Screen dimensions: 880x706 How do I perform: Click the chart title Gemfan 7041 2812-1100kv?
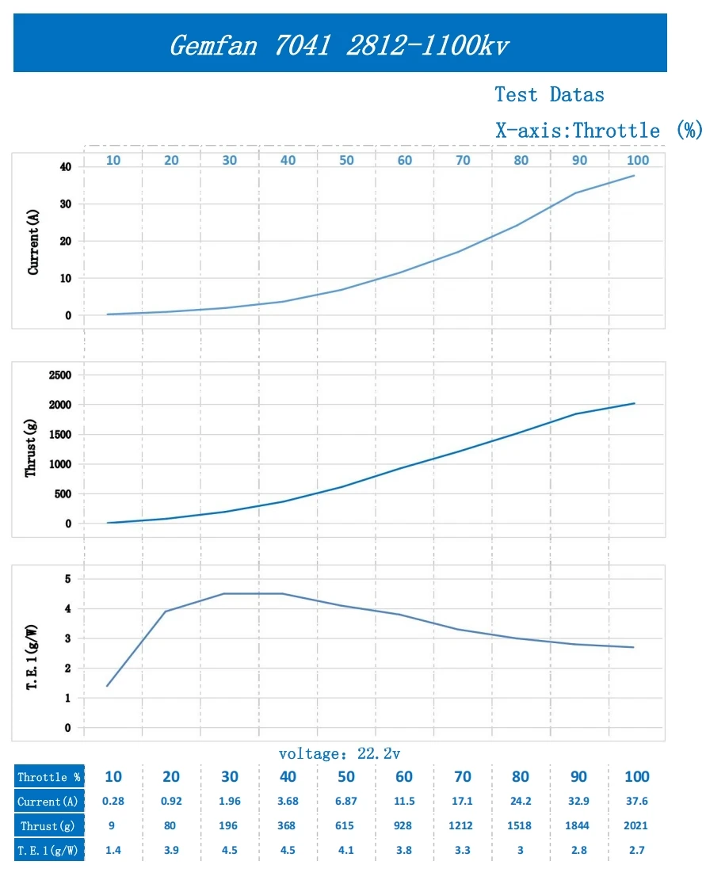coord(339,44)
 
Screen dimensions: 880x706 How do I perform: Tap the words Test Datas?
coord(549,95)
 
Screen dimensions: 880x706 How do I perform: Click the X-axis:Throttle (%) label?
coord(599,131)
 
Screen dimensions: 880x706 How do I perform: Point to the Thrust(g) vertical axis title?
coord(32,448)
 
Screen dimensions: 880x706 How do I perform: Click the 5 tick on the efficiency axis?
coord(67,579)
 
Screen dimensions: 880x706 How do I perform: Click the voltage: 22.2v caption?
coord(345,753)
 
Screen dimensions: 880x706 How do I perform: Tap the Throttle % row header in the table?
coord(49,777)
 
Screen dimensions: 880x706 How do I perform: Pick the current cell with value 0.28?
coord(113,802)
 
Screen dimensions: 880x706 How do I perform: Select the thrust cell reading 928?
coord(403,825)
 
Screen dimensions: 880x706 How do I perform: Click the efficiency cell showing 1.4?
coord(113,850)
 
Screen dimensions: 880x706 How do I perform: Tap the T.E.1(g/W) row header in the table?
coord(49,850)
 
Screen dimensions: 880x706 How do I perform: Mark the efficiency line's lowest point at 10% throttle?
coord(107,686)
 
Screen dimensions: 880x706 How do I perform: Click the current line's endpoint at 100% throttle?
coord(635,175)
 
